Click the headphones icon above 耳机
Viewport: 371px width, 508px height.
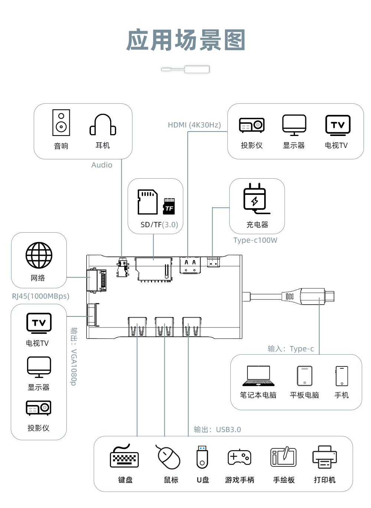pos(103,125)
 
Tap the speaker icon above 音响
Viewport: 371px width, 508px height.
pos(61,123)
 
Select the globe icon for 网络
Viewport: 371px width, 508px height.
pos(39,255)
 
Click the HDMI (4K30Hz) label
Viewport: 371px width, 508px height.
pos(194,125)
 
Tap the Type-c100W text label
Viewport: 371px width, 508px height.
pos(255,240)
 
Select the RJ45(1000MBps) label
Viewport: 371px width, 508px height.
pos(40,296)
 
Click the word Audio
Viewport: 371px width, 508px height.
pos(102,165)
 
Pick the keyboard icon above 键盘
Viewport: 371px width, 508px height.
pos(124,457)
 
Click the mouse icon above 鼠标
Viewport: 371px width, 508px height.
pos(168,457)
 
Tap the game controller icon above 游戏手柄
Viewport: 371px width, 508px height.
pos(239,457)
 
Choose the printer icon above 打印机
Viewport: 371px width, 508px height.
pos(325,457)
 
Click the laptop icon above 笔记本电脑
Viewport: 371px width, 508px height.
pos(258,376)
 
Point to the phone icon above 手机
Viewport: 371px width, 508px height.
pos(342,376)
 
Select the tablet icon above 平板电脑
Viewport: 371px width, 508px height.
pos(305,376)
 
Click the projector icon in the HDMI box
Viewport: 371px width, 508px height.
pos(252,125)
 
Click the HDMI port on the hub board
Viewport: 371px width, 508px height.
pos(190,265)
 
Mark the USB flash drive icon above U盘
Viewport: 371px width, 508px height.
pos(202,457)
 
